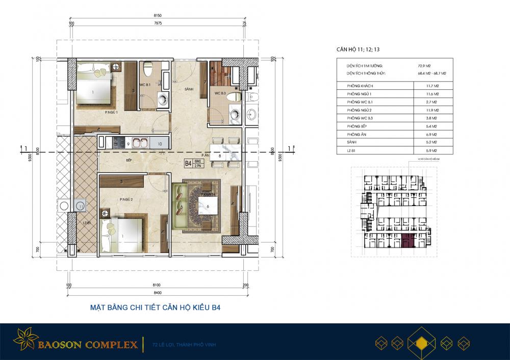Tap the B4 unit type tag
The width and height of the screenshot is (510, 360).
[188, 164]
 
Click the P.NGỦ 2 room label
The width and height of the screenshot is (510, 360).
[126, 200]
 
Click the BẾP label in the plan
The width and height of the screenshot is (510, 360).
[130, 160]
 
